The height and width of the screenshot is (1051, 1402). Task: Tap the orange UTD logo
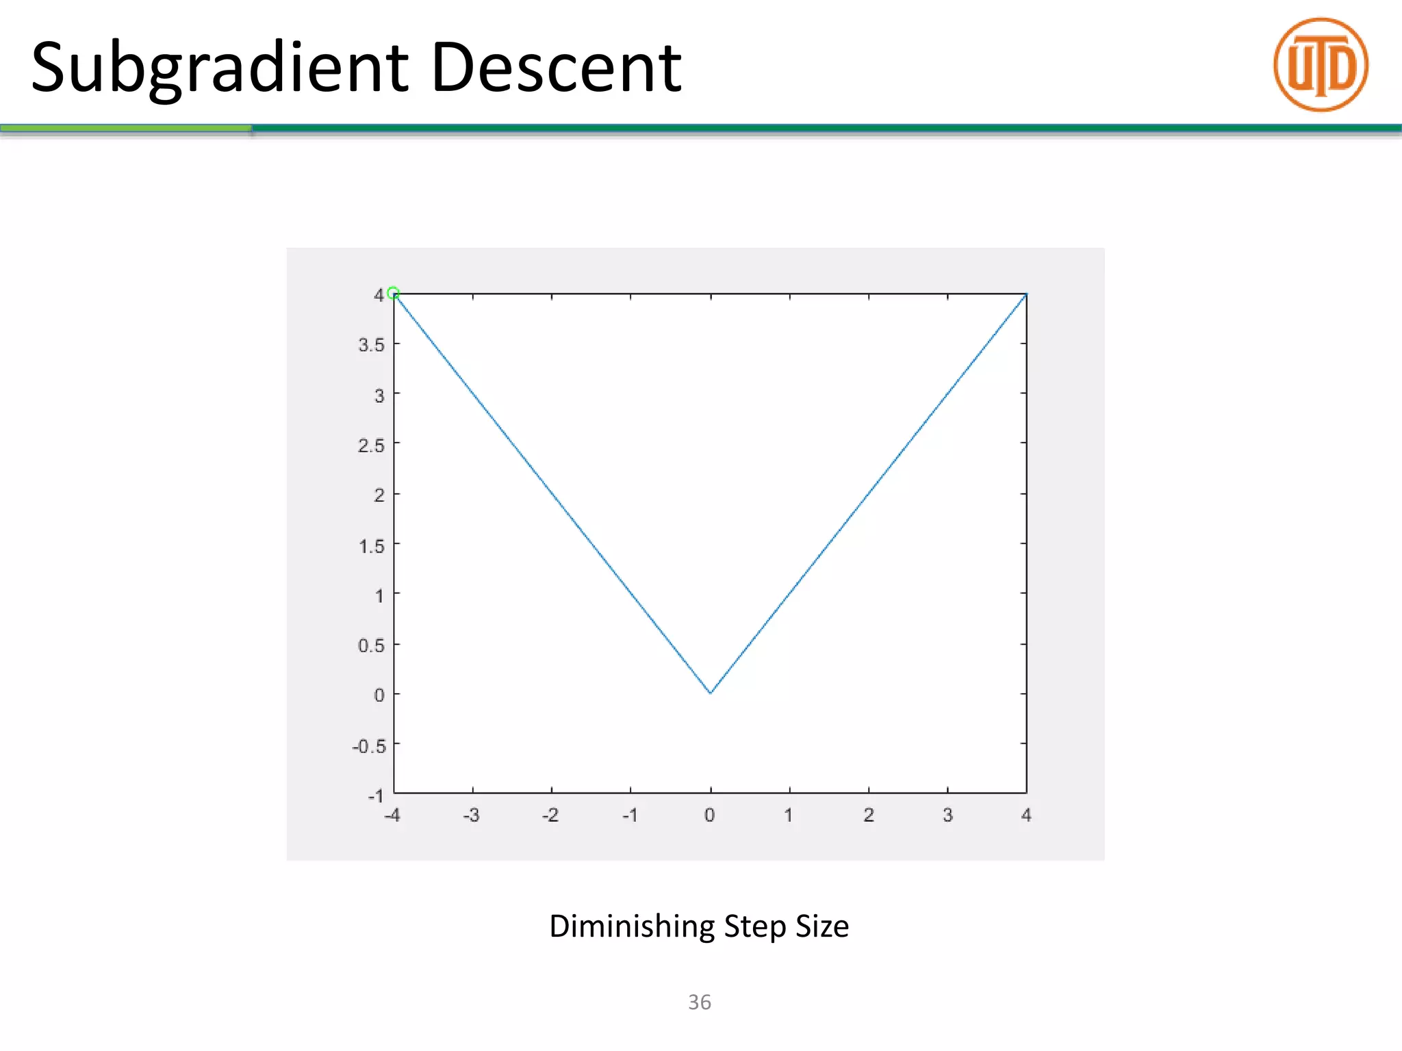point(1321,65)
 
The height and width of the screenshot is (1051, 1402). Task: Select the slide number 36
point(700,1002)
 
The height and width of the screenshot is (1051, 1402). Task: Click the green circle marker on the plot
point(393,293)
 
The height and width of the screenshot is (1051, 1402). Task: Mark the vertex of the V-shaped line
point(711,693)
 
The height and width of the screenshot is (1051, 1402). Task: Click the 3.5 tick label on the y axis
point(371,345)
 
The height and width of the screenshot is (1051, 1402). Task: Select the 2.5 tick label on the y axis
point(371,445)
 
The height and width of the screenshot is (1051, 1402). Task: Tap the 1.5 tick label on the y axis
point(371,546)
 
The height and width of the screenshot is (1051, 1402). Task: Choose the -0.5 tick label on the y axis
point(369,746)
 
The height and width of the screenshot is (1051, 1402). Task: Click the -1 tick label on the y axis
point(376,796)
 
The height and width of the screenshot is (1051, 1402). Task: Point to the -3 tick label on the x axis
point(471,816)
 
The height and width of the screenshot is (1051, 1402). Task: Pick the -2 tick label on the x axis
point(550,816)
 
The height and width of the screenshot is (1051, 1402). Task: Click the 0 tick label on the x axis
point(710,816)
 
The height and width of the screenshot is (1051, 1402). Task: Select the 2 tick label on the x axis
point(869,816)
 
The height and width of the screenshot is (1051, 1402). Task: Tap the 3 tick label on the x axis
point(948,816)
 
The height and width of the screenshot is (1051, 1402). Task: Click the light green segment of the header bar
point(125,128)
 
